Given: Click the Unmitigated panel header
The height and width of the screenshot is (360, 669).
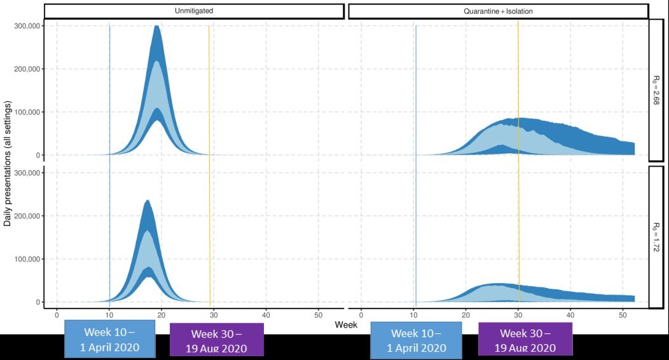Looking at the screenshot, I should [194, 11].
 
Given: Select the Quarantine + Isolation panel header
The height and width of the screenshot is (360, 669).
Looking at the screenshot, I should [498, 11].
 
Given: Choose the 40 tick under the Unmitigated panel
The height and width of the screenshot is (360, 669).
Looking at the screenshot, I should [266, 314].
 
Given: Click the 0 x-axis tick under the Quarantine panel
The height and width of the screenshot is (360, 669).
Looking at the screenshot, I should [361, 314].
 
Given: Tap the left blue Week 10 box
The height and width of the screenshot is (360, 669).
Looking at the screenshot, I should [110, 340].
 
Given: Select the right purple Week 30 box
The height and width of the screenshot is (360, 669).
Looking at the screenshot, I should [525, 340].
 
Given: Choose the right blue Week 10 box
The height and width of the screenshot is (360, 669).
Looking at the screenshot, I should [415, 340].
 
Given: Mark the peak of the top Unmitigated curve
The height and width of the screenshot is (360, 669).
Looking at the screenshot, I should [157, 27].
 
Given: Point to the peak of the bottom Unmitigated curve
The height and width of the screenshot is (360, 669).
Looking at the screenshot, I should [148, 201].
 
